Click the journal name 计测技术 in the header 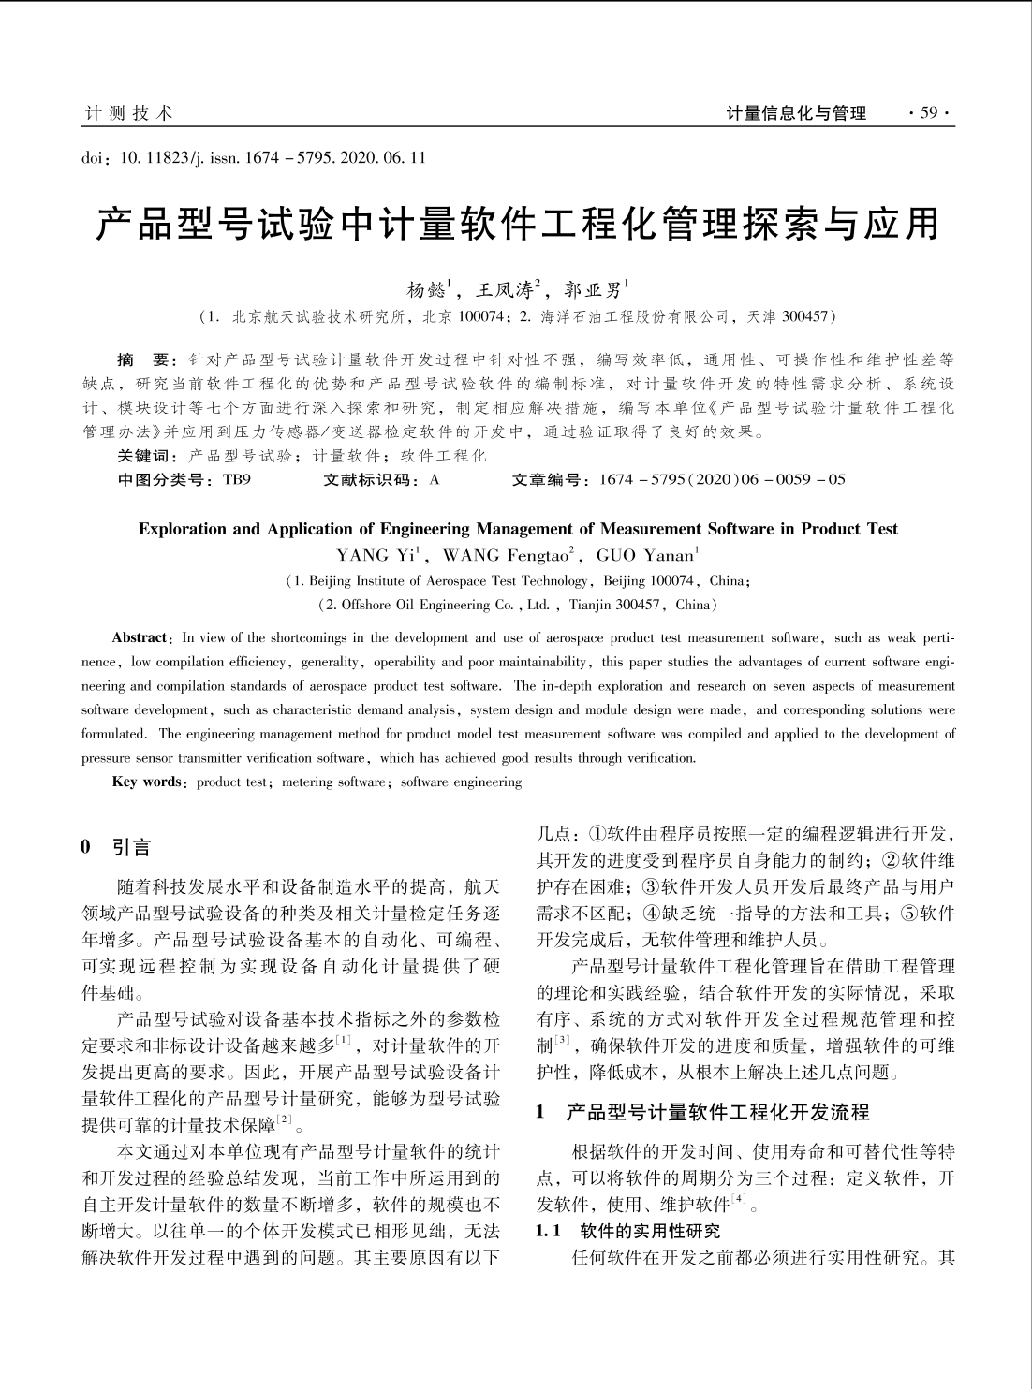[128, 114]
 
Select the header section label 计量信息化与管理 [796, 114]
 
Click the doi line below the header [254, 157]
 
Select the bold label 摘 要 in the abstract [141, 359]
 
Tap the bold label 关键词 [145, 456]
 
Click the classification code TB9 [237, 480]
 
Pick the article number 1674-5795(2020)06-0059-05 [720, 480]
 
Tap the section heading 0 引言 [116, 848]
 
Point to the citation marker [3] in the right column [562, 1040]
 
